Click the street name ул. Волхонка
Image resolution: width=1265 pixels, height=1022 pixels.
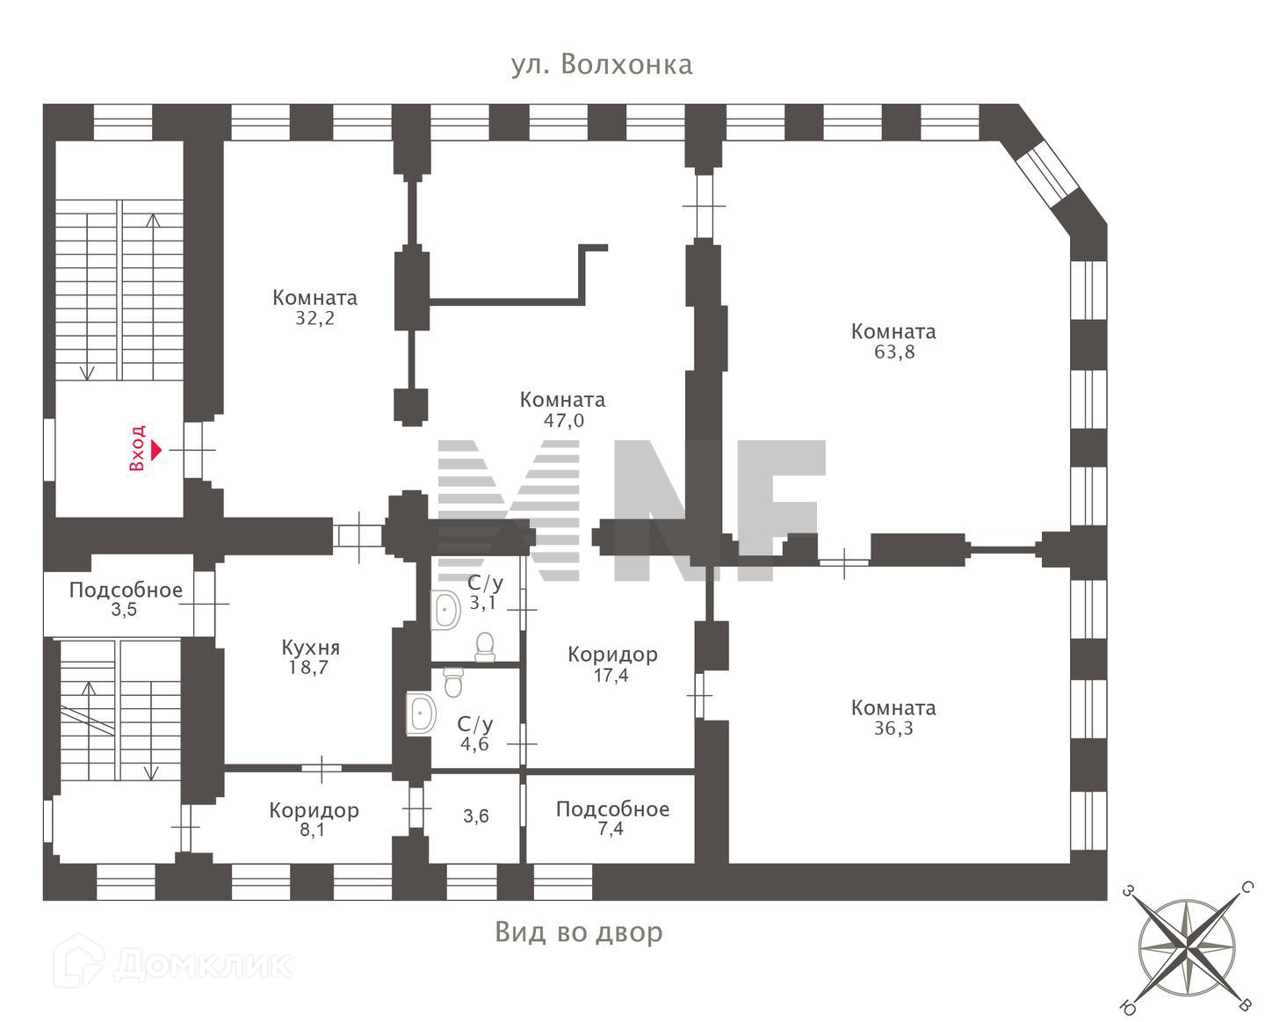coord(602,65)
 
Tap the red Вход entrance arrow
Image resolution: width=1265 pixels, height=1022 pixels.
coord(156,450)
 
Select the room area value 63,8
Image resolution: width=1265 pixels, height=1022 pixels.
coord(893,352)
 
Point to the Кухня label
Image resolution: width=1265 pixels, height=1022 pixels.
coord(310,648)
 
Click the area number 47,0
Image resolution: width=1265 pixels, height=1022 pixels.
coord(563,421)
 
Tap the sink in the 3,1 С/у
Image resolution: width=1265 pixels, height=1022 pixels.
coord(446,610)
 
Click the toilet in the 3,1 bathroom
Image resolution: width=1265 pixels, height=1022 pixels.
coord(485,647)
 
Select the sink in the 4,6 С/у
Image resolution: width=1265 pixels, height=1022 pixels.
coord(422,713)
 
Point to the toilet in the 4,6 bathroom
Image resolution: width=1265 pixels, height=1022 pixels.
coord(453,681)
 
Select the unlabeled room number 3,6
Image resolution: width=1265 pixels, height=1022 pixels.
coord(476,816)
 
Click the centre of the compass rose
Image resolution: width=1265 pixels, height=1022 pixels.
coord(1186,948)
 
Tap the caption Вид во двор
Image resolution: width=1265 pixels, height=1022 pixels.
coord(579,931)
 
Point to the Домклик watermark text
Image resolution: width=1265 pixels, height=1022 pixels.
coord(202,964)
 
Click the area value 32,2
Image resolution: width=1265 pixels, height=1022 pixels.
coord(314,319)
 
